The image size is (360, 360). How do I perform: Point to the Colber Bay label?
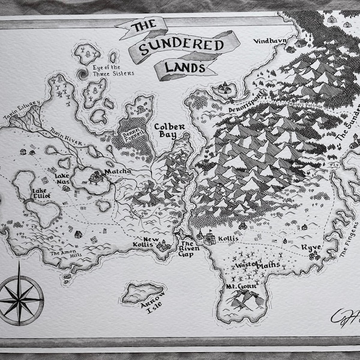tap(169, 131)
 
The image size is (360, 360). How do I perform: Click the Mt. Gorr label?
tap(240, 287)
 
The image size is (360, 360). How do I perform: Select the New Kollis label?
tap(152, 244)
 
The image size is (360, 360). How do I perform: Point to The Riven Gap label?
tap(188, 249)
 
